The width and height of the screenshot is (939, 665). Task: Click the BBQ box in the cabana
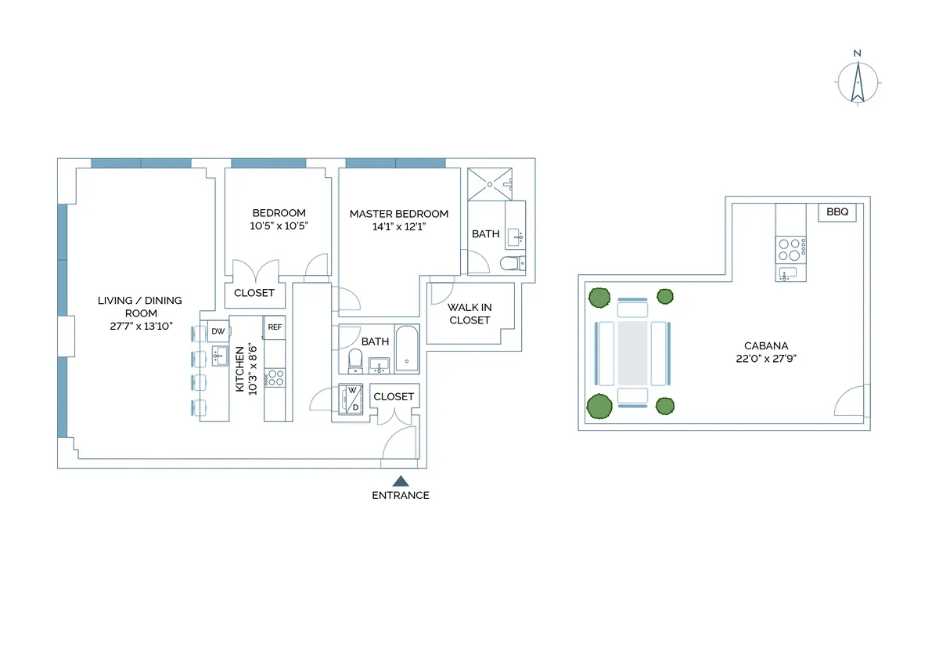pyautogui.click(x=836, y=212)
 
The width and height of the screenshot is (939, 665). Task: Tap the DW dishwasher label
pyautogui.click(x=218, y=331)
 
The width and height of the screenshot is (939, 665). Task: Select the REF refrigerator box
pyautogui.click(x=275, y=327)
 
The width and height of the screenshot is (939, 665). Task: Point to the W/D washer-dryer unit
pyautogui.click(x=352, y=399)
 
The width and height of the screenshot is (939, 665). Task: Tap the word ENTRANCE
pyautogui.click(x=400, y=495)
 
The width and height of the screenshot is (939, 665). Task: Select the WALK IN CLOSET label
pyautogui.click(x=469, y=314)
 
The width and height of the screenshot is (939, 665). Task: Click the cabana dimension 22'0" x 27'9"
pyautogui.click(x=765, y=359)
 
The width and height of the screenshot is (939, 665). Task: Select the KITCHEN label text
pyautogui.click(x=240, y=369)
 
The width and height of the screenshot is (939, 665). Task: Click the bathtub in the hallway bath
pyautogui.click(x=407, y=350)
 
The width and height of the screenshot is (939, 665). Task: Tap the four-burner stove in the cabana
pyautogui.click(x=790, y=249)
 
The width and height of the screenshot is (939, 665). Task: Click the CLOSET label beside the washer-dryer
pyautogui.click(x=394, y=397)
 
